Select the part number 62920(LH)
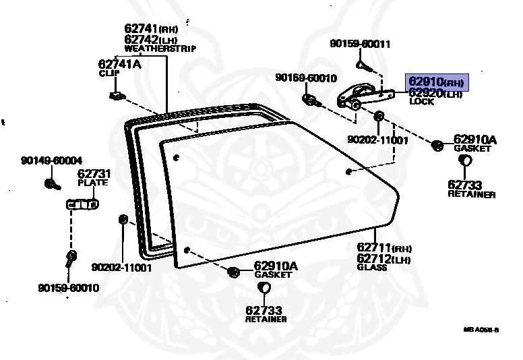(435, 93)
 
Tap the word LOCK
(421, 102)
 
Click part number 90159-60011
(360, 44)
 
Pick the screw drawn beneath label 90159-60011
(362, 66)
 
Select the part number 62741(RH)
(150, 29)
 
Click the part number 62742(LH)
(150, 39)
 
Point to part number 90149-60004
(51, 160)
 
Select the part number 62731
(94, 174)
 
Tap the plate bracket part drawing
(82, 204)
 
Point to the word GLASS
(372, 267)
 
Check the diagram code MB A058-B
(481, 330)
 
